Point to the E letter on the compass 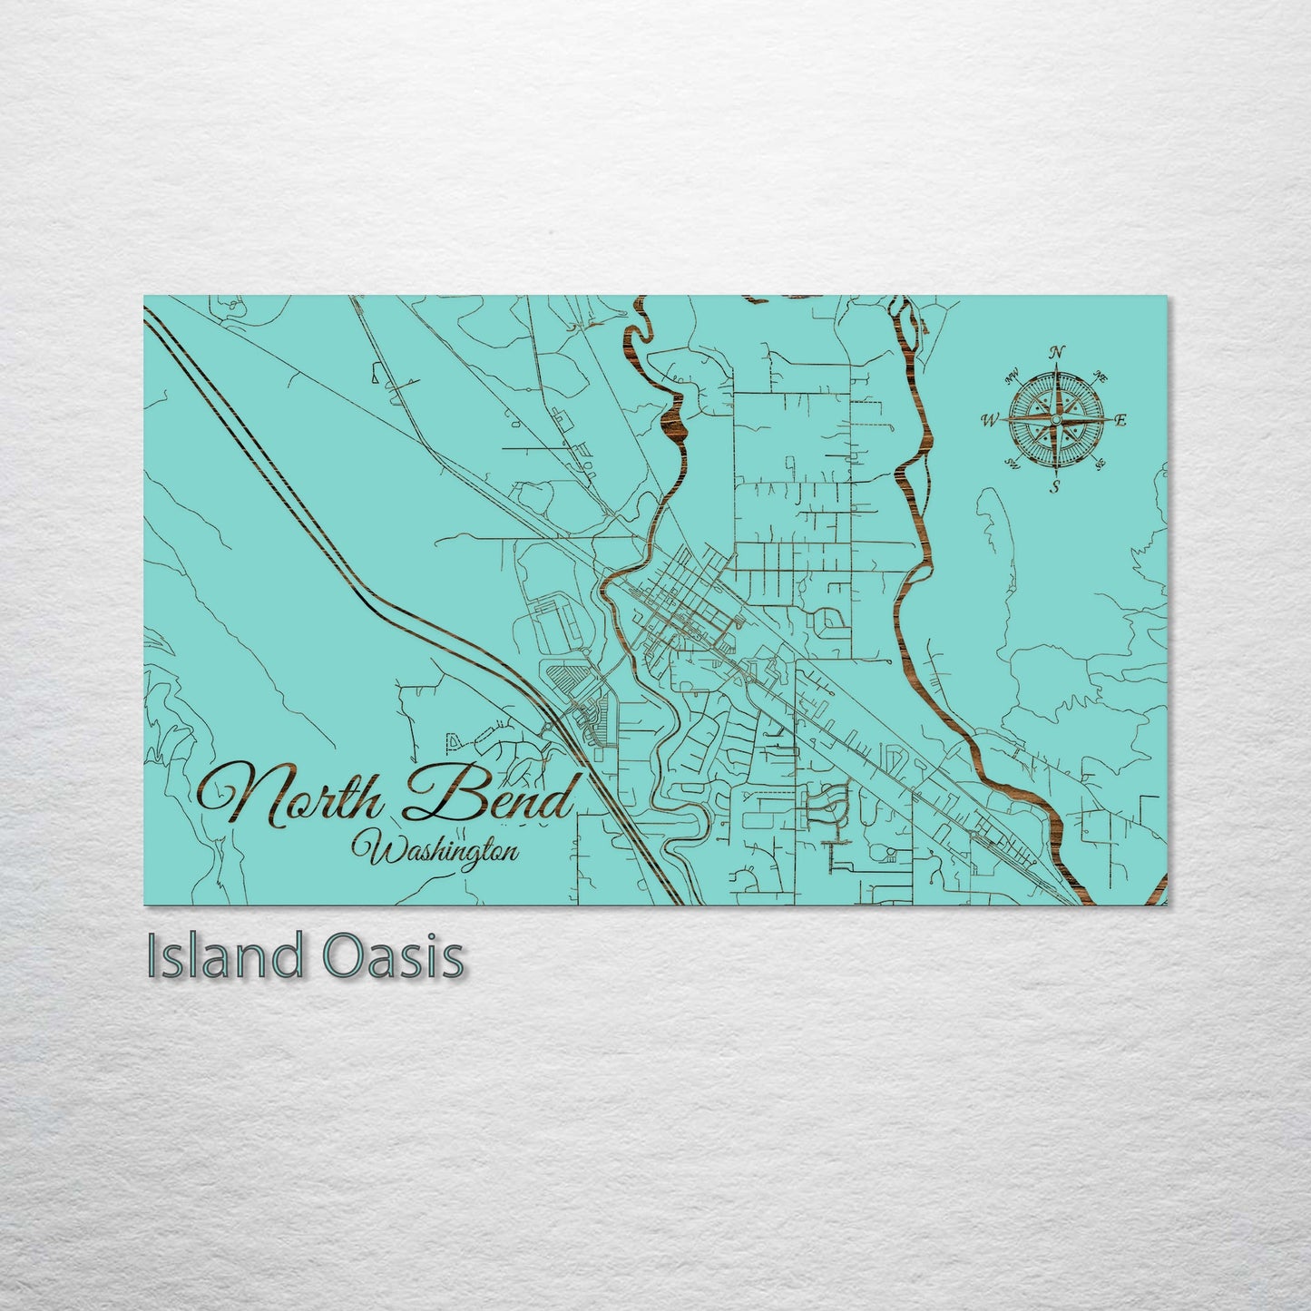coord(1120,420)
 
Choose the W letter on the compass coord(990,420)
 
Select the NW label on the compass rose coord(1011,376)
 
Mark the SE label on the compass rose coord(1101,465)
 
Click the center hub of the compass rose coord(1056,420)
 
